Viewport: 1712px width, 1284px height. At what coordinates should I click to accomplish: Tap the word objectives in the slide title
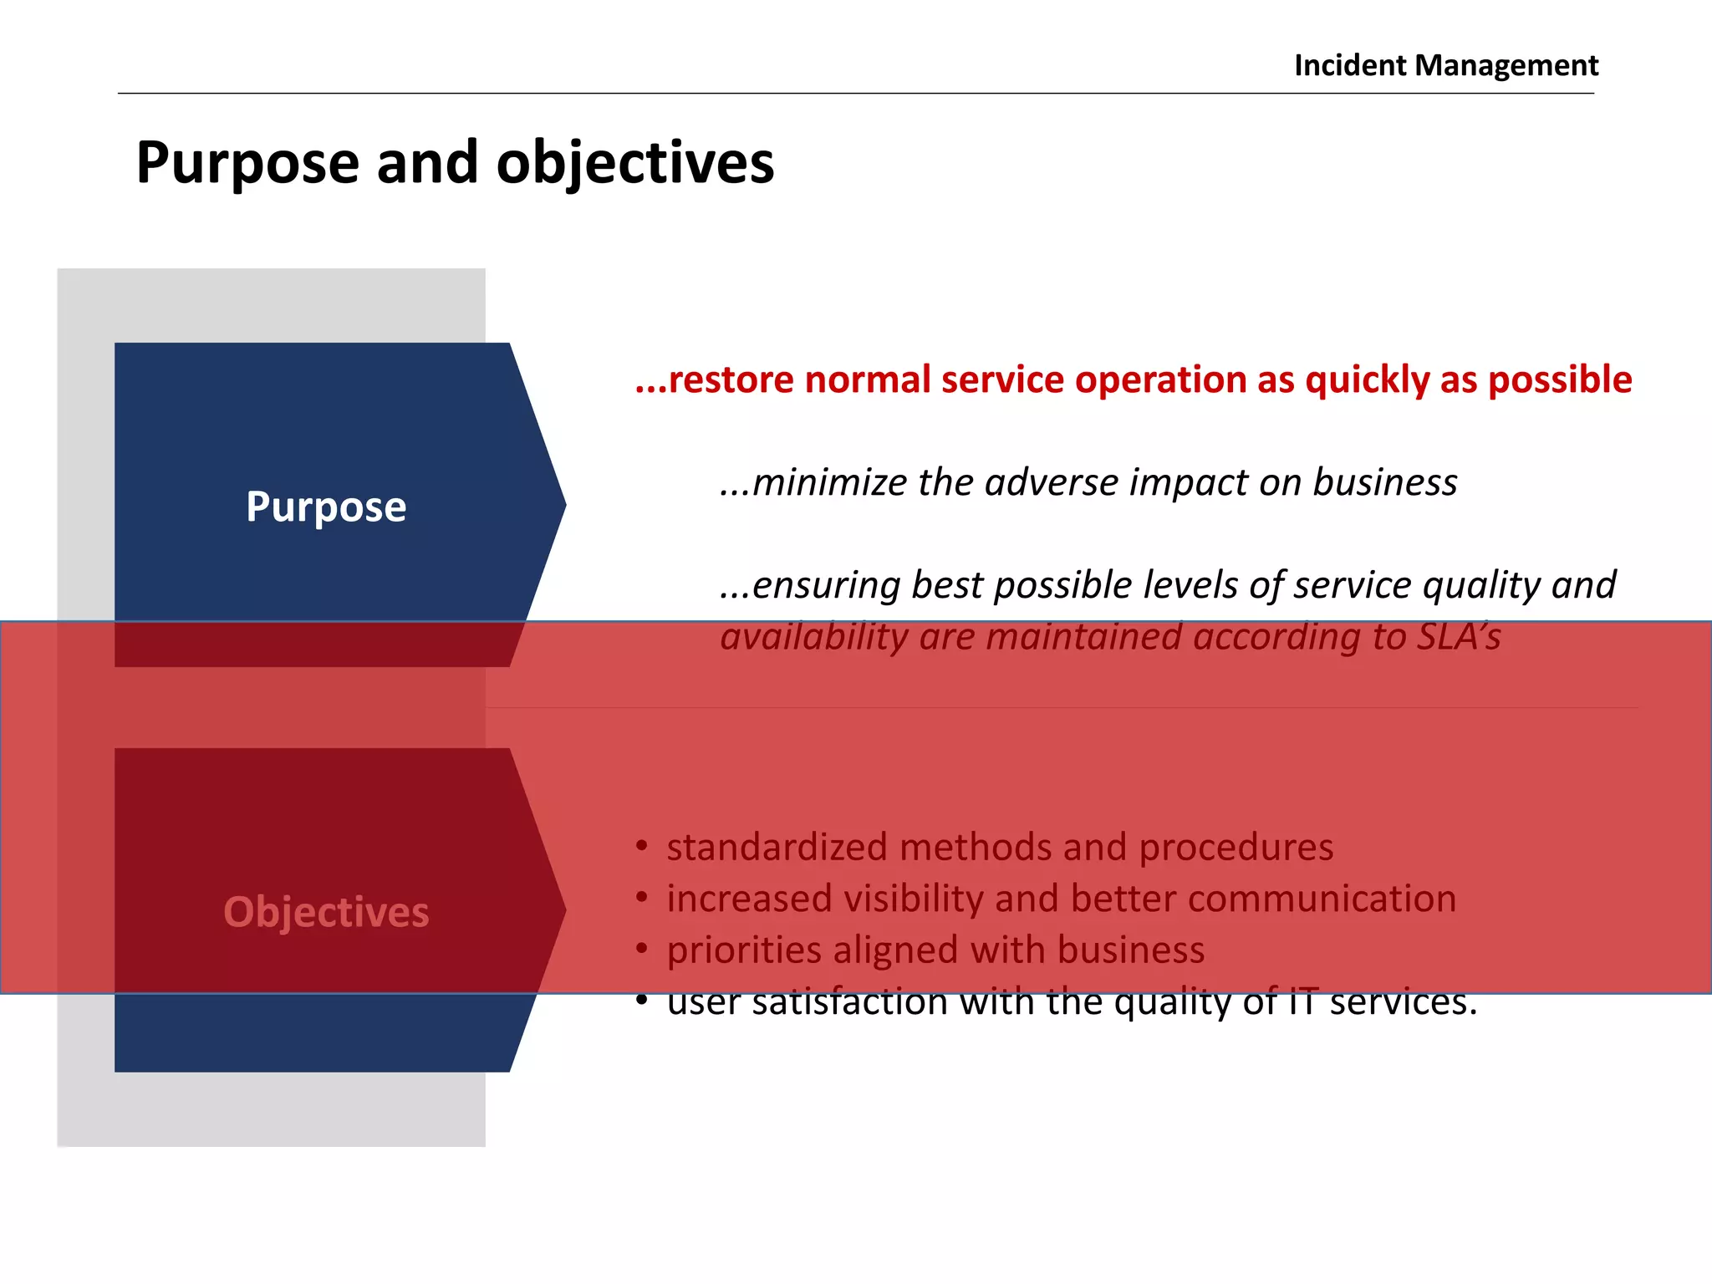[635, 163]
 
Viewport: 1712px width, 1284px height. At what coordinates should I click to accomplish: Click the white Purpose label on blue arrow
[326, 507]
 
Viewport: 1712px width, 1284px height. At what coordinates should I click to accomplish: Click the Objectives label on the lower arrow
[326, 912]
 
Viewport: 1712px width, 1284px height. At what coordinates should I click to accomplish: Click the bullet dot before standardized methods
[641, 846]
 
